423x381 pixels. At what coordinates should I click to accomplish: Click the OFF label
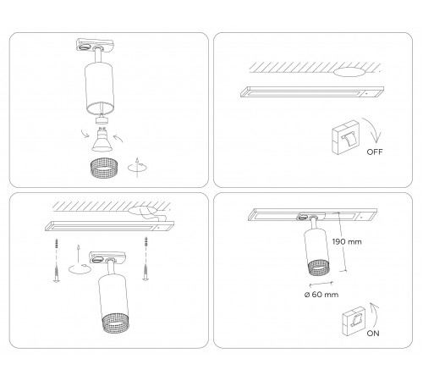tap(376, 154)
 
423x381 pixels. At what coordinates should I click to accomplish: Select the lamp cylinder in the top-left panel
tap(101, 86)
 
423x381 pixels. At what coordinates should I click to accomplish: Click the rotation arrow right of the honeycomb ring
tap(135, 166)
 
